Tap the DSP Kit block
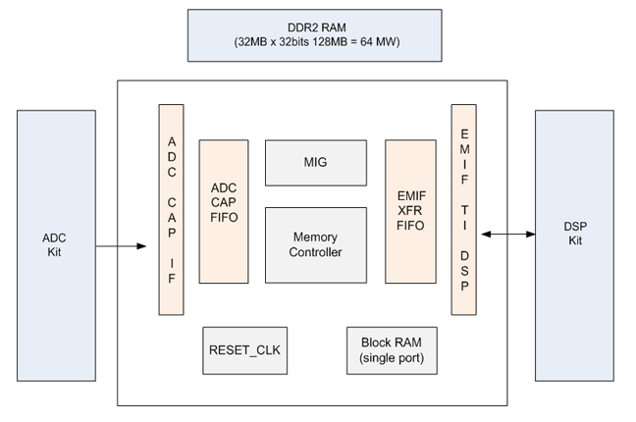pyautogui.click(x=573, y=245)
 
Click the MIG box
pyautogui.click(x=316, y=163)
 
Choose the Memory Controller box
pyautogui.click(x=316, y=244)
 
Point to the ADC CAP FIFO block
pyautogui.click(x=224, y=211)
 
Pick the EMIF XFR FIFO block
pyautogui.click(x=410, y=211)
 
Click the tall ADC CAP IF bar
pyautogui.click(x=171, y=209)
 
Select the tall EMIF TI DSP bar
pyautogui.click(x=464, y=209)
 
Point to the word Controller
pyautogui.click(x=316, y=252)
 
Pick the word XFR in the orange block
pyautogui.click(x=410, y=211)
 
